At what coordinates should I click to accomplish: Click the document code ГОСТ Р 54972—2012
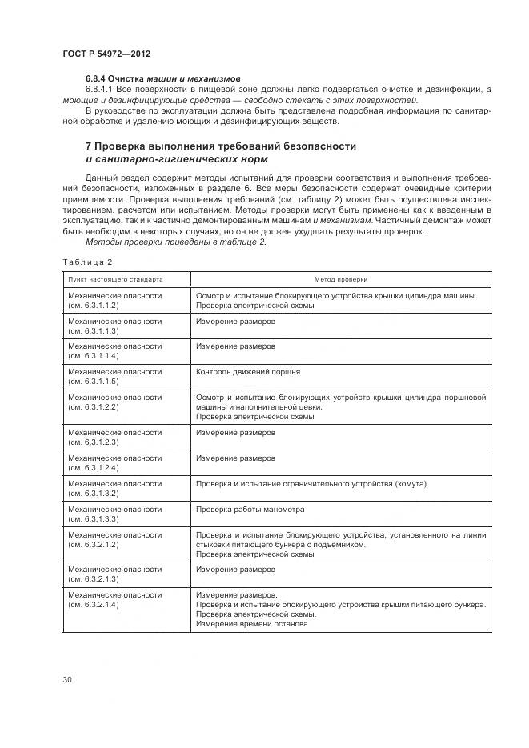pos(106,54)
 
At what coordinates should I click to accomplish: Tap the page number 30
pos(67,679)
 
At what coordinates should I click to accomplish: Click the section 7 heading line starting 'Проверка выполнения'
pos(220,146)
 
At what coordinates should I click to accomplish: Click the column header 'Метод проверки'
pos(341,280)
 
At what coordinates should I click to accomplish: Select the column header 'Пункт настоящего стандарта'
pos(116,280)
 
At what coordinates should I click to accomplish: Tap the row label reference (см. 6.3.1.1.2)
pos(94,306)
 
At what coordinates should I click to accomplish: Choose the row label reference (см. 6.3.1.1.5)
pos(94,382)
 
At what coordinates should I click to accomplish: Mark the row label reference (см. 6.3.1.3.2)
pos(94,494)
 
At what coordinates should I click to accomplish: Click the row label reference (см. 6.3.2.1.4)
pos(94,605)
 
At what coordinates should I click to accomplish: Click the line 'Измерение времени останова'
pos(252,624)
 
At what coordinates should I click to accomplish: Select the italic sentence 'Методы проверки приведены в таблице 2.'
pos(175,242)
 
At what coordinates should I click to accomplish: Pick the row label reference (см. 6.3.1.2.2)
pos(94,407)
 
